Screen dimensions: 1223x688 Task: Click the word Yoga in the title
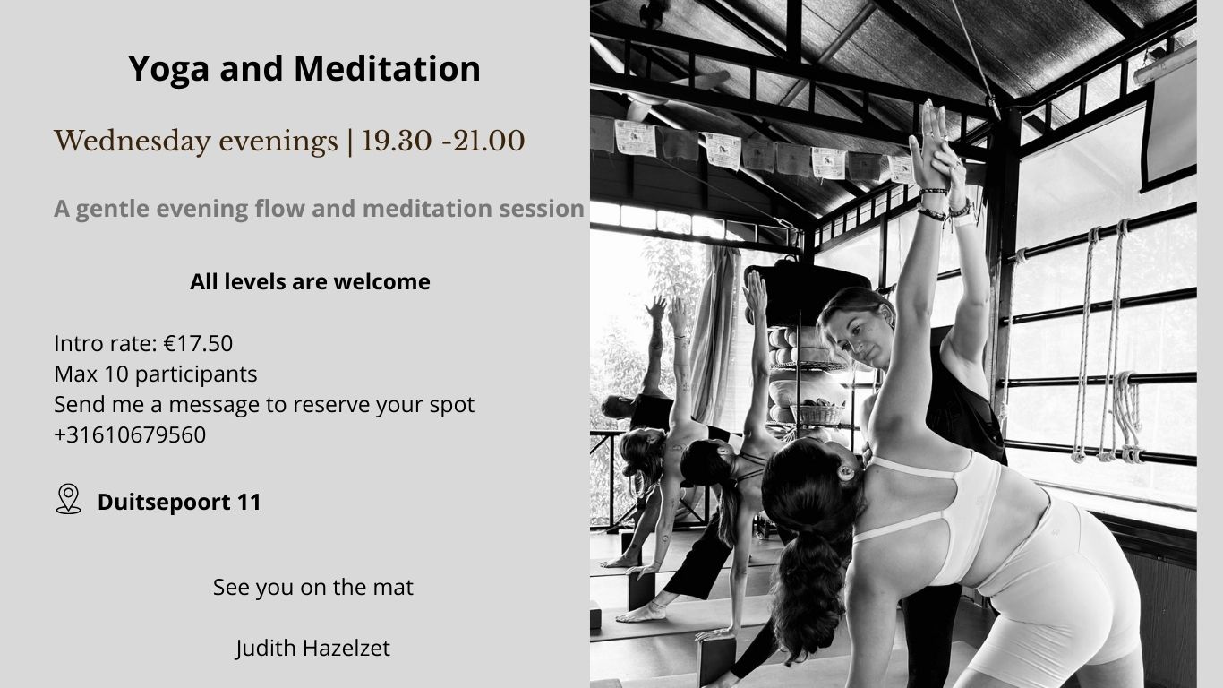168,70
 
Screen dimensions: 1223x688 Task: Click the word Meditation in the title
387,69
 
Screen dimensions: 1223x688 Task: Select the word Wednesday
133,141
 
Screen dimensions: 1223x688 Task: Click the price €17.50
198,344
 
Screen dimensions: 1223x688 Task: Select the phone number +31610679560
130,435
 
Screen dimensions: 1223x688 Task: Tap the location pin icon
68,499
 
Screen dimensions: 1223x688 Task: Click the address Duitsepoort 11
179,503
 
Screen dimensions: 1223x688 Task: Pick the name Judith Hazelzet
312,649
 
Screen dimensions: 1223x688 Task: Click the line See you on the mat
312,588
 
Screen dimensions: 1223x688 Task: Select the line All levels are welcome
310,282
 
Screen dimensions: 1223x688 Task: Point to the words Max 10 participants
156,374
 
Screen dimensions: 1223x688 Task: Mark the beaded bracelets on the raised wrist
935,203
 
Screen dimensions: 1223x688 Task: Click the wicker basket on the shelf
817,413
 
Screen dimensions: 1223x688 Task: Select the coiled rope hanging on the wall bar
1127,416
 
